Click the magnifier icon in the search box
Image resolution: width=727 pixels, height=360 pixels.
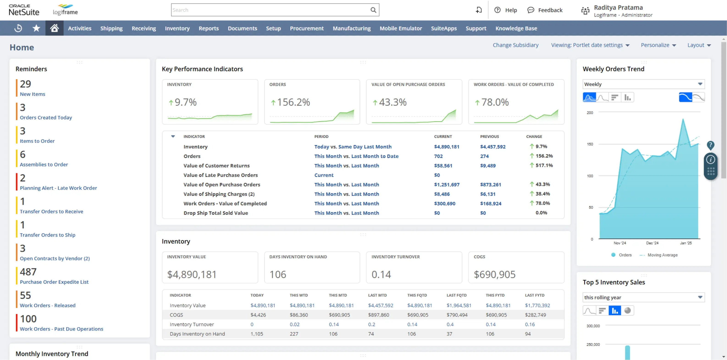[x=373, y=10]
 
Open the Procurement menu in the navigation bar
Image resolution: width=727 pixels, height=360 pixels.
[x=307, y=28]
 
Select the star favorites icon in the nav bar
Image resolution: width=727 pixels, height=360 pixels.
[x=36, y=28]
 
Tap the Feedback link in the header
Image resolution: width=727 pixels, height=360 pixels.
[x=550, y=10]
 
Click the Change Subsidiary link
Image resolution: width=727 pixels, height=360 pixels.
[x=515, y=45]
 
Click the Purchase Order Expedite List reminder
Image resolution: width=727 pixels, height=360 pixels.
[x=54, y=282]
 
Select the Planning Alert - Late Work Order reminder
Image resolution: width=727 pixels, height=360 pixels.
[x=58, y=188]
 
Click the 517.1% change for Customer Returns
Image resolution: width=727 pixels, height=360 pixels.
[x=544, y=166]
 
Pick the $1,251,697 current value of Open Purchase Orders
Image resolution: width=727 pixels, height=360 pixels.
[x=446, y=185]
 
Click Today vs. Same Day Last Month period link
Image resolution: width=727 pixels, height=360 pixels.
[x=353, y=147]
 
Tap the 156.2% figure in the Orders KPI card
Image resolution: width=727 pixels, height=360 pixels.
[x=293, y=102]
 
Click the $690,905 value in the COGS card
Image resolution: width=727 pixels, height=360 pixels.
[x=495, y=274]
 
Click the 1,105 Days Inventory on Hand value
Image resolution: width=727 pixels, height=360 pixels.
[x=257, y=334]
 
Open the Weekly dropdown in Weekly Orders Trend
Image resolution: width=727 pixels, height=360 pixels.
[x=643, y=84]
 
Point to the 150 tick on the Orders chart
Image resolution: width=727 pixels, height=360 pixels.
[x=590, y=144]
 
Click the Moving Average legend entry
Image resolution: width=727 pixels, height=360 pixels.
[x=662, y=255]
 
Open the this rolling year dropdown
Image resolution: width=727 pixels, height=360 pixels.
[x=643, y=297]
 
